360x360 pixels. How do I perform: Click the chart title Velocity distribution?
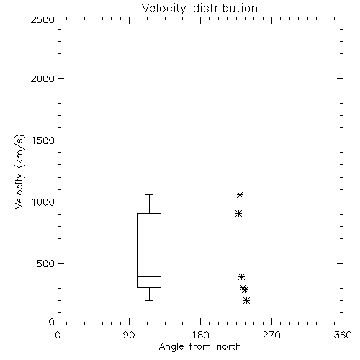tap(199, 9)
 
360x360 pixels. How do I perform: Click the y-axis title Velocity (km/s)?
tap(19, 171)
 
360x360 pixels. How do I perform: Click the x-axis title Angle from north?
tap(200, 347)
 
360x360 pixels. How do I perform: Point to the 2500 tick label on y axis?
tap(42, 19)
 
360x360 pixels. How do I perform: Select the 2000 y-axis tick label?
tap(42, 78)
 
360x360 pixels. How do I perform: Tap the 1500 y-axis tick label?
tap(43, 140)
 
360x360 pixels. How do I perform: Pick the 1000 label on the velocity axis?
tap(43, 202)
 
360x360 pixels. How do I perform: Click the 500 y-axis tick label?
tap(45, 264)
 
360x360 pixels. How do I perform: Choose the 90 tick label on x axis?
tap(129, 335)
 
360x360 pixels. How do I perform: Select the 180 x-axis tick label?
tap(200, 335)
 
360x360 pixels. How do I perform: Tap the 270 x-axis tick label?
tap(271, 335)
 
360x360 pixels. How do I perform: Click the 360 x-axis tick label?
tap(343, 335)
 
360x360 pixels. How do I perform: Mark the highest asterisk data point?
tap(240, 194)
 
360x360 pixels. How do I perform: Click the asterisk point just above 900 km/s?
tap(238, 213)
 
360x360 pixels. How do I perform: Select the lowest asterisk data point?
tap(246, 300)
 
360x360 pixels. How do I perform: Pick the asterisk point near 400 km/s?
tap(241, 276)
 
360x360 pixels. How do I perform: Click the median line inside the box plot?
tap(149, 276)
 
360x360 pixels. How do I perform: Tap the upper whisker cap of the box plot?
tap(149, 194)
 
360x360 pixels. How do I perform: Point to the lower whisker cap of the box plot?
tap(149, 300)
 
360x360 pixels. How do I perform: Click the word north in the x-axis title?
tap(229, 347)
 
